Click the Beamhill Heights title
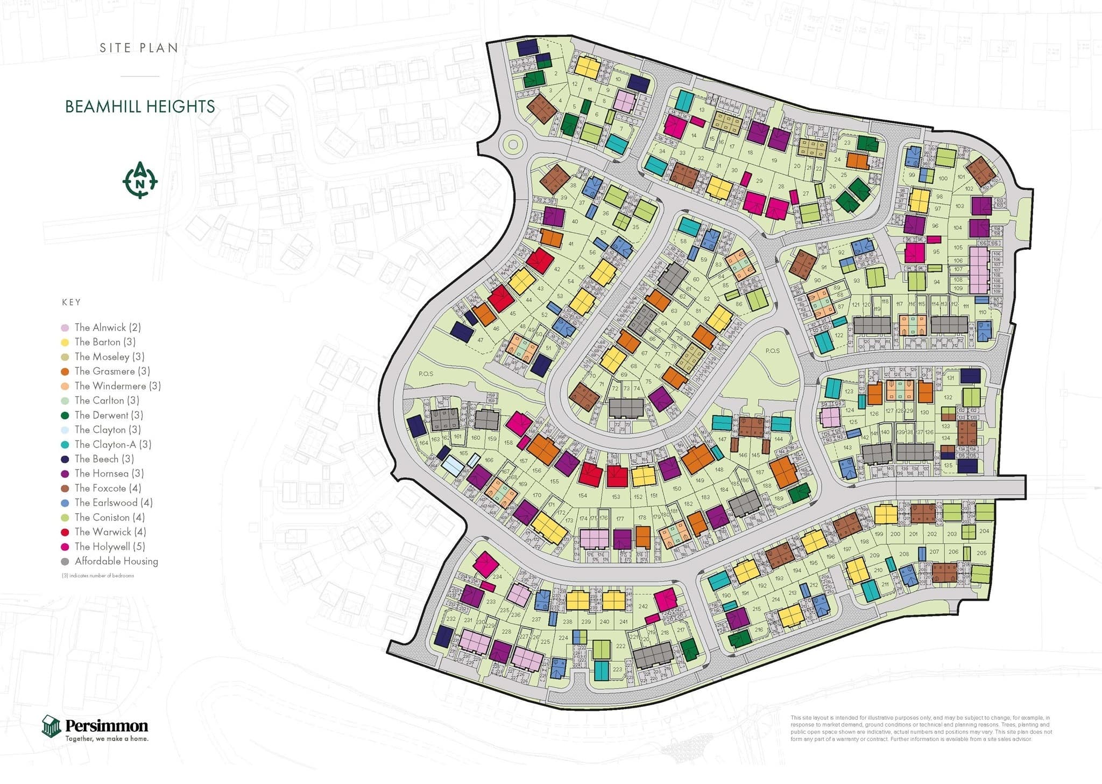click(x=140, y=107)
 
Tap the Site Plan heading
click(x=139, y=48)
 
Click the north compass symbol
click(x=140, y=180)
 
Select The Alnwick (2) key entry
click(x=107, y=327)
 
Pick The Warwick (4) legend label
click(x=110, y=532)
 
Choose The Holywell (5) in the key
click(x=109, y=547)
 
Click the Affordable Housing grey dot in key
click(x=65, y=562)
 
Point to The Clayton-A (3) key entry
click(x=112, y=444)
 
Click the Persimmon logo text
click(x=107, y=725)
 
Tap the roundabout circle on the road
click(x=513, y=144)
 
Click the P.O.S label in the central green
click(x=772, y=351)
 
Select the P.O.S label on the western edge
click(x=426, y=374)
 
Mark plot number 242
click(x=643, y=606)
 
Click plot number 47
click(x=480, y=340)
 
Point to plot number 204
click(x=984, y=531)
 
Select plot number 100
click(x=943, y=178)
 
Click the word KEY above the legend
click(x=71, y=302)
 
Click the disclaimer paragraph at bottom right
click(x=921, y=729)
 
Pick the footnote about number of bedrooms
click(x=98, y=576)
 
